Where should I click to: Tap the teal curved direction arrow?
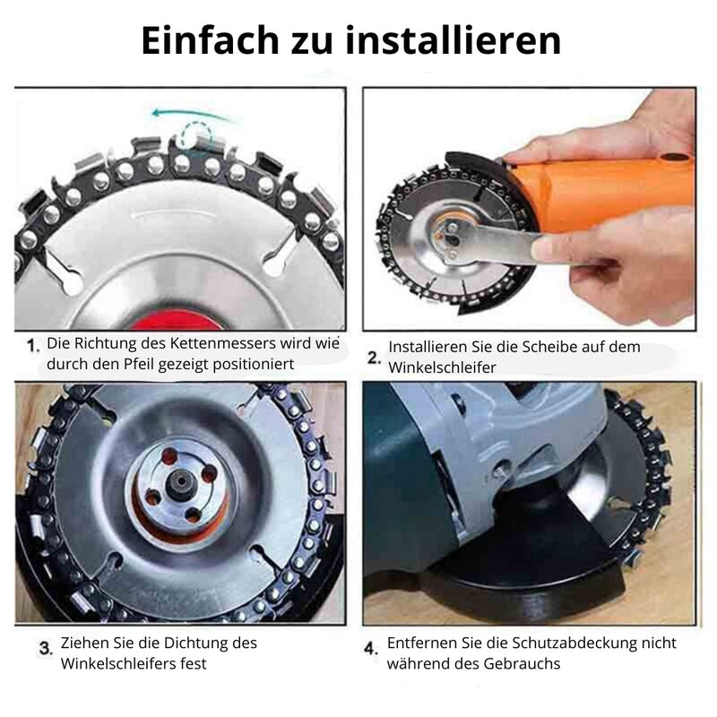pos(194,115)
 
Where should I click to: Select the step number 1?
pos(33,346)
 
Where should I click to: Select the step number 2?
pos(374,358)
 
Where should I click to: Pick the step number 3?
pos(46,648)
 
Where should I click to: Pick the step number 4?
pos(370,648)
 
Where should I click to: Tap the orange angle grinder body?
pos(599,192)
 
